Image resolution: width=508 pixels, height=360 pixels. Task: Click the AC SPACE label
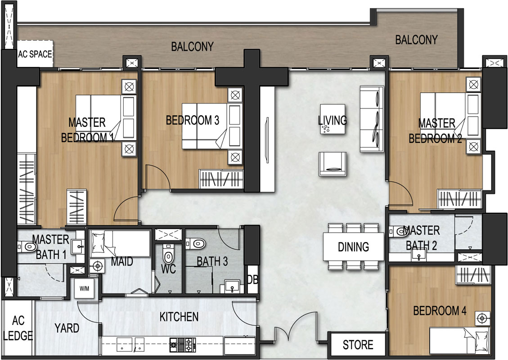tap(35, 54)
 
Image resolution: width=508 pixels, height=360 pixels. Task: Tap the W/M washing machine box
tap(84, 288)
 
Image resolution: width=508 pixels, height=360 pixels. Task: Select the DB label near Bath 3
tap(253, 279)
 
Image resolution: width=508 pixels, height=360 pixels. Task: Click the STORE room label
tap(358, 345)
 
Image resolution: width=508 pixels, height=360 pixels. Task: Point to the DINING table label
tap(353, 247)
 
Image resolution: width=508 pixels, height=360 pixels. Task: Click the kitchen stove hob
tap(183, 345)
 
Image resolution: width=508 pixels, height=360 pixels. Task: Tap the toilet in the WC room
tap(168, 255)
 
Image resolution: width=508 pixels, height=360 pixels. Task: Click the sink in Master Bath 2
tap(419, 255)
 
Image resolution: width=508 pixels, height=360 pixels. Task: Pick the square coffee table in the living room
tap(333, 119)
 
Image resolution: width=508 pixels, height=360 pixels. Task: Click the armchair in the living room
tap(333, 164)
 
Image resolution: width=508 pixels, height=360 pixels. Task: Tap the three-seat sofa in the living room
tap(372, 119)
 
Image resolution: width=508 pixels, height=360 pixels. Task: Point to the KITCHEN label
tap(179, 317)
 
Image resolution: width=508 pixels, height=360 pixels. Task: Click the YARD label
tap(67, 328)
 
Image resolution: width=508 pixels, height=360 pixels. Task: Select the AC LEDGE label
tap(18, 328)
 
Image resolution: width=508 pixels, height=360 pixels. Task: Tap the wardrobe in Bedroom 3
tap(221, 179)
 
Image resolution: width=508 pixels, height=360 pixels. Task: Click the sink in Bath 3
tap(232, 287)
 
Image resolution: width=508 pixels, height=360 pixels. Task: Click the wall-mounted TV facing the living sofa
tap(267, 140)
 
